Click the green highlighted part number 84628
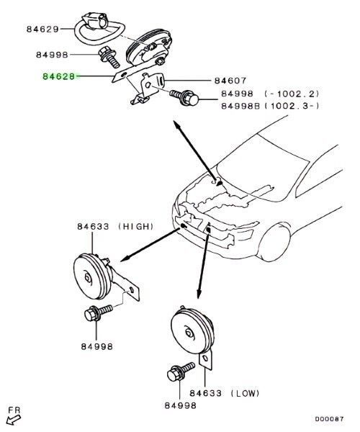pos(58,76)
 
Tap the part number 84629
pos(42,29)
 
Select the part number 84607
pos(230,81)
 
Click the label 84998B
pos(240,106)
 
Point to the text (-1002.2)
pos(292,94)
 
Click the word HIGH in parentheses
pos(135,227)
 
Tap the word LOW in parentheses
pos(245,393)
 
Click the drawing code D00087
pos(330,419)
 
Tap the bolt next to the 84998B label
pos(184,98)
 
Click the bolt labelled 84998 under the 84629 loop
pos(109,58)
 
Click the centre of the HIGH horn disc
pos(88,278)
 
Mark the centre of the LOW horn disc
pos(189,333)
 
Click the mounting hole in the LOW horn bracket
pos(205,358)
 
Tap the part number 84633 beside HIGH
pos(93,227)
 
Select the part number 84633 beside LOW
pos(205,393)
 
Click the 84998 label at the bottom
pos(181,405)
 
